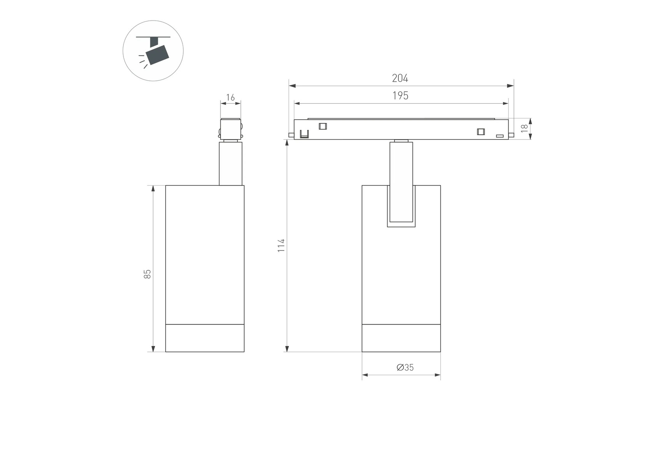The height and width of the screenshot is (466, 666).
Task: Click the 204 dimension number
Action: [x=400, y=78]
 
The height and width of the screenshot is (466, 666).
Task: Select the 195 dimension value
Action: [x=400, y=96]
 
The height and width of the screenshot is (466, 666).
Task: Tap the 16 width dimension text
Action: [x=231, y=97]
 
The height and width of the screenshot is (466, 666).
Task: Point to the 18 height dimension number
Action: [x=524, y=129]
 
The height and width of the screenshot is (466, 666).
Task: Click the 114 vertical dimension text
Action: [x=281, y=245]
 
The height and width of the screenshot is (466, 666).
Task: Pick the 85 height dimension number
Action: [x=147, y=274]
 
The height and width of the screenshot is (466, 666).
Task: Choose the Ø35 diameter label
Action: [x=405, y=367]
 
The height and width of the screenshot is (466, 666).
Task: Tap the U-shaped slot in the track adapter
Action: [x=304, y=134]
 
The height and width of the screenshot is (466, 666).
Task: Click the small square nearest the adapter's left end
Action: [x=323, y=126]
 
